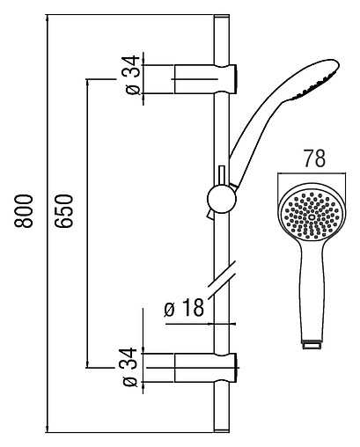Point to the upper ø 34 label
pyautogui.click(x=129, y=77)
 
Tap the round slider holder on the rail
pyautogui.click(x=219, y=199)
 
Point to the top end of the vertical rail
pyautogui.click(x=219, y=18)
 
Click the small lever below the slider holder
pyautogui.click(x=209, y=214)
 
